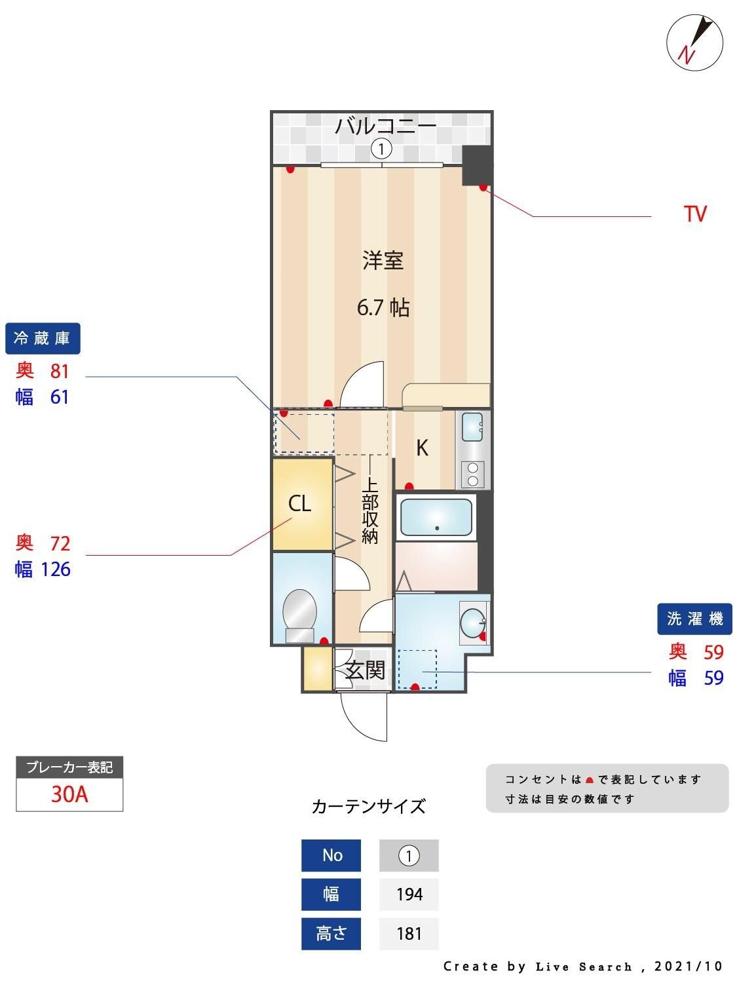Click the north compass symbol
(x=694, y=43)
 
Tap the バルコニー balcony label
(x=385, y=125)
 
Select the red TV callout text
(x=695, y=214)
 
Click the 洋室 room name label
(x=383, y=260)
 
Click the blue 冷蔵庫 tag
(x=43, y=338)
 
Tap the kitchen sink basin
(x=472, y=427)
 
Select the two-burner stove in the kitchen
(x=473, y=474)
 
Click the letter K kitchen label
(x=423, y=448)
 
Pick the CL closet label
(x=300, y=504)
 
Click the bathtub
(x=436, y=517)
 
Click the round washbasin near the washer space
(x=472, y=621)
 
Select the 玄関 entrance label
(x=365, y=670)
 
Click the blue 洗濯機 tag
(x=694, y=619)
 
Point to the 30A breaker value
(x=69, y=794)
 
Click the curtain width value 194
(x=409, y=895)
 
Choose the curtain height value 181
(x=409, y=933)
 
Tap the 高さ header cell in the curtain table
(x=331, y=933)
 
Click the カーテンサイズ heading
(x=368, y=806)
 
